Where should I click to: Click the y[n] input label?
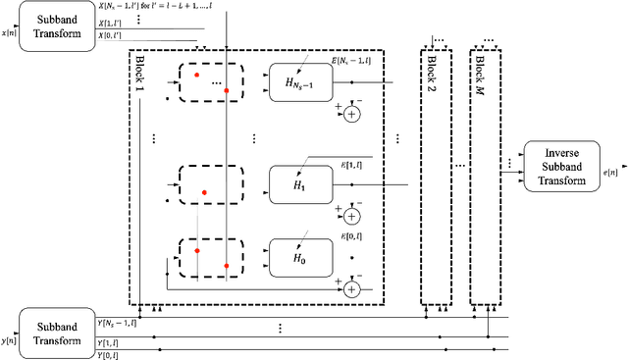click(9, 340)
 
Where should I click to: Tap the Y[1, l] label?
click(107, 342)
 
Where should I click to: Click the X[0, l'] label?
click(111, 36)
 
